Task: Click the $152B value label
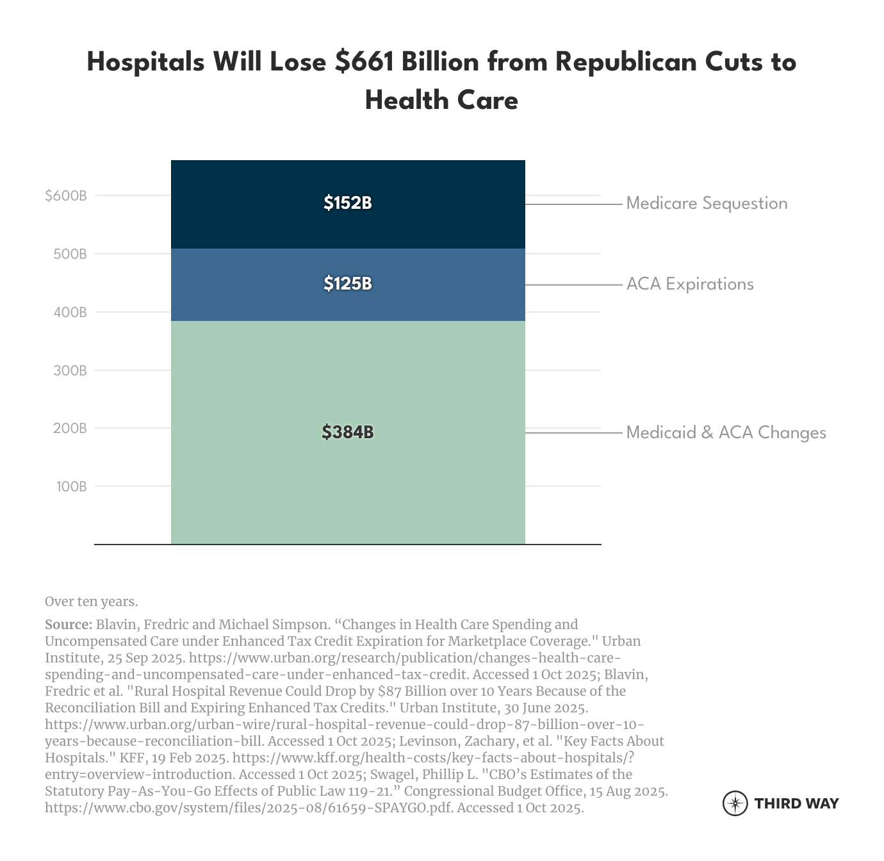point(348,203)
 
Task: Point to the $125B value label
point(348,283)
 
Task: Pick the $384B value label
point(348,432)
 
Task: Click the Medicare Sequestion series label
point(707,204)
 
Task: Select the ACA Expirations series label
point(690,284)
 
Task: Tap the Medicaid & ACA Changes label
point(726,433)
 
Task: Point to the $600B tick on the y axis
point(66,196)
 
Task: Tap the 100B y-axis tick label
point(70,487)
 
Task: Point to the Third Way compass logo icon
point(735,803)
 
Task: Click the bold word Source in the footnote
point(68,625)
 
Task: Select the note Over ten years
point(91,602)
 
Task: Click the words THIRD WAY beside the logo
point(796,803)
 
